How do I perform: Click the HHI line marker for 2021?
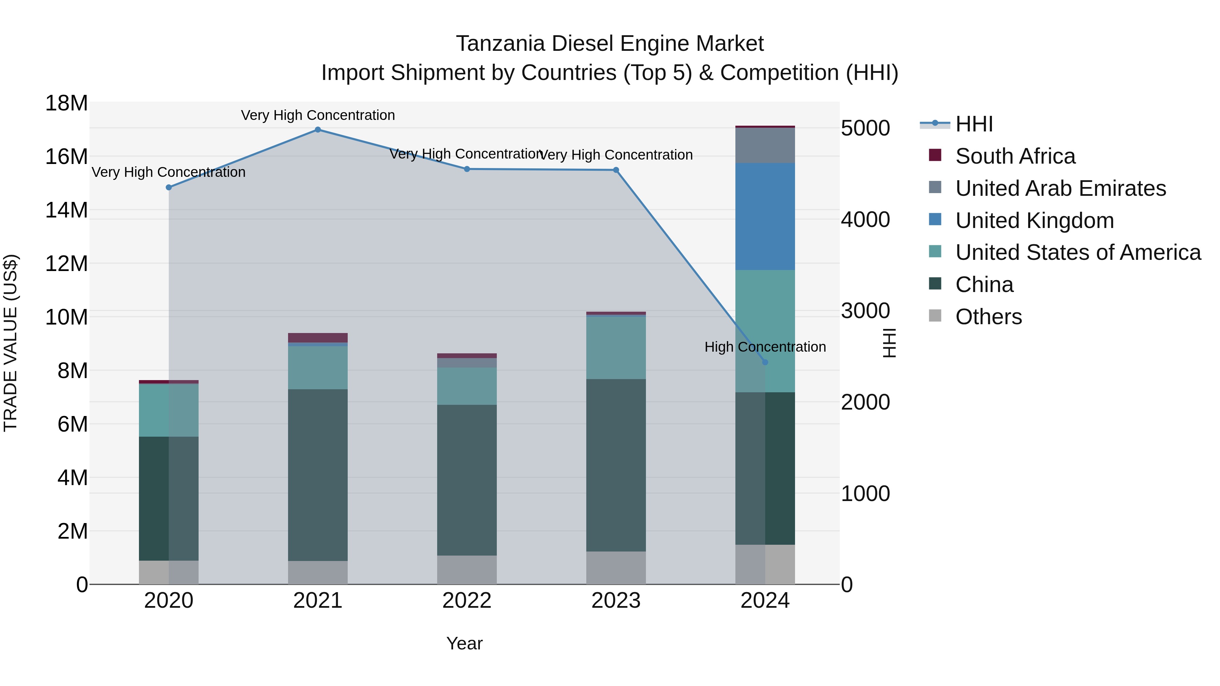click(x=318, y=130)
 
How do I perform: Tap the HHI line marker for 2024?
click(x=765, y=362)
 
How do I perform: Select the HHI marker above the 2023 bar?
click(x=616, y=170)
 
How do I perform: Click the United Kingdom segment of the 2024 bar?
click(x=765, y=216)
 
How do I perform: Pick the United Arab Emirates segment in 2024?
click(x=765, y=145)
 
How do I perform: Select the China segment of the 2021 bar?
click(x=318, y=475)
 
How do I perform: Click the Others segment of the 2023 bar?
click(x=616, y=568)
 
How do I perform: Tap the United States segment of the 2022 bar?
click(x=467, y=386)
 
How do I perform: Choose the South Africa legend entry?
click(x=1015, y=156)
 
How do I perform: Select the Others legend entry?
click(x=989, y=317)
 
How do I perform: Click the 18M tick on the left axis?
click(x=66, y=103)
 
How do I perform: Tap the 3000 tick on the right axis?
click(x=865, y=311)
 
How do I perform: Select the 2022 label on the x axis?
click(x=467, y=601)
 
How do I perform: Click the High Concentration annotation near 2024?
click(x=765, y=347)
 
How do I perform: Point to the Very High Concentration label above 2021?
click(x=318, y=115)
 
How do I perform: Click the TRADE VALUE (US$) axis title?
click(x=11, y=343)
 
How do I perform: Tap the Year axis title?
click(x=464, y=643)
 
